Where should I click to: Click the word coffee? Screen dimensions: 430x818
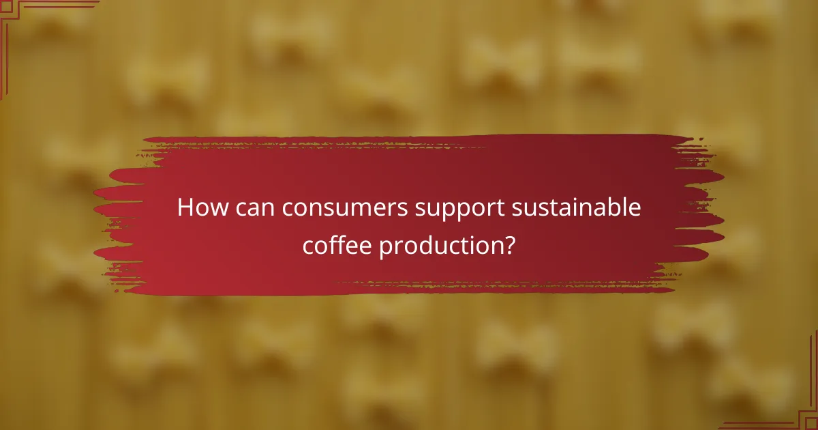336,246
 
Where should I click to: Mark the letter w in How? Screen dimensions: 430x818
217,208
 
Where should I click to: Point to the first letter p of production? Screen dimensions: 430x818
386,248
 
